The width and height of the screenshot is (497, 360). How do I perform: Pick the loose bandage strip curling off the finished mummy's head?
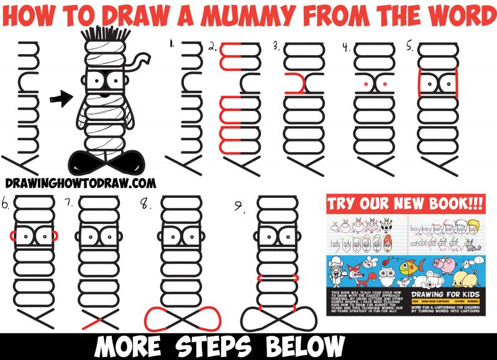pyautogui.click(x=140, y=59)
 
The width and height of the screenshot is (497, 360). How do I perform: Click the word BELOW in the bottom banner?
pyautogui.click(x=302, y=345)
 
